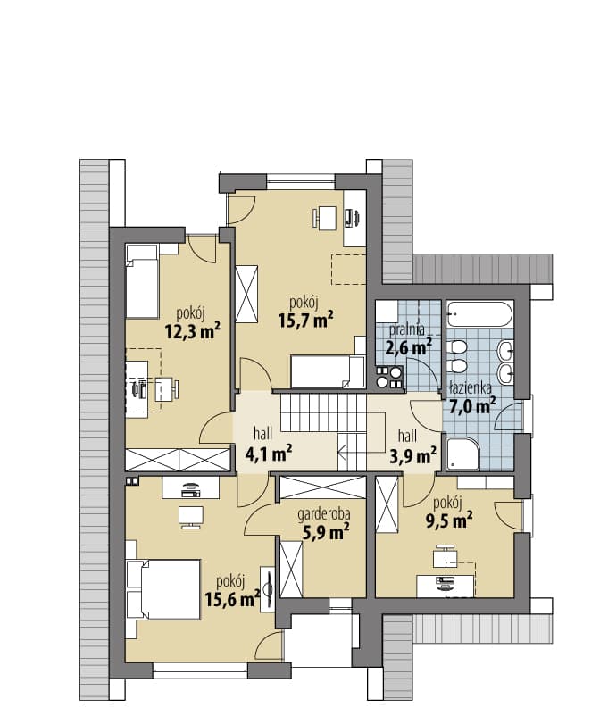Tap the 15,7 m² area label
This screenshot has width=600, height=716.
point(306,320)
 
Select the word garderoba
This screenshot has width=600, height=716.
point(324,514)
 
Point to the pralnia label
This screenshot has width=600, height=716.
point(407,329)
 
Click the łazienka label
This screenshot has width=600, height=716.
point(471,388)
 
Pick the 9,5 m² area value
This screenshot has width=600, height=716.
point(449,520)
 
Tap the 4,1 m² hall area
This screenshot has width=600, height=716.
point(269,454)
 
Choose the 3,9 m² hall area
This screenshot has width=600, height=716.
point(412,454)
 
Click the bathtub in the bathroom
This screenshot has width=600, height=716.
point(479,313)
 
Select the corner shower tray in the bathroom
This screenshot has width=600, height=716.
point(463,454)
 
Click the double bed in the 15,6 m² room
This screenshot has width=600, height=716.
point(169,589)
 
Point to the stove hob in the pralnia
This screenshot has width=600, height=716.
point(389,377)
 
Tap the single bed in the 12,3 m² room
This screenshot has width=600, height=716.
point(142,282)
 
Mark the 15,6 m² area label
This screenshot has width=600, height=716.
point(232,599)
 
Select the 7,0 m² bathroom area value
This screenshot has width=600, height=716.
point(473,406)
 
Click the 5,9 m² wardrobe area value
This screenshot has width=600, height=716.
point(326,531)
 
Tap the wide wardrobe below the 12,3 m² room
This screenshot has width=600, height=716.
point(177,460)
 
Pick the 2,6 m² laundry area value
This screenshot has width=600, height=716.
point(409,348)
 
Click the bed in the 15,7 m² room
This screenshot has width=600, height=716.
point(328,371)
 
